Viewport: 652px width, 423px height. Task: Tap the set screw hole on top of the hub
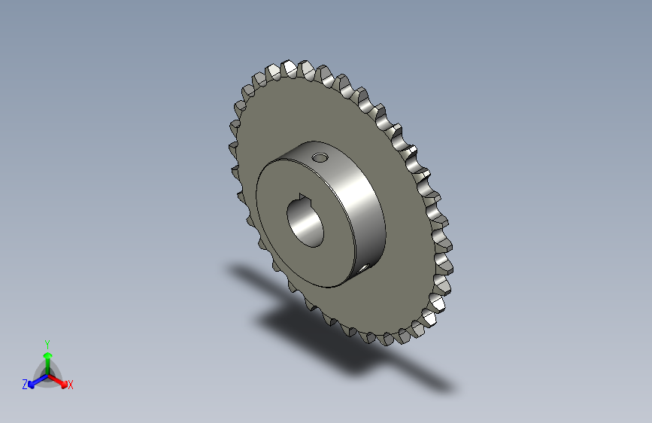(320, 158)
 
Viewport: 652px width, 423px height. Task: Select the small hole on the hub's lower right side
(363, 266)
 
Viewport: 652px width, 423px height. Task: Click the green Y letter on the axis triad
(47, 342)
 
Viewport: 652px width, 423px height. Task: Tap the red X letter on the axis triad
(71, 385)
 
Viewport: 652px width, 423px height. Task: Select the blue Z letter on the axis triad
(25, 384)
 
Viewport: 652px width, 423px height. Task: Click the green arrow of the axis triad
(47, 358)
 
